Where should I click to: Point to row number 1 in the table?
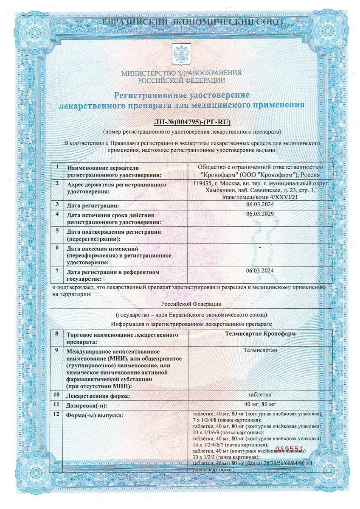pos(57,166)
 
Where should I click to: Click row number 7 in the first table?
pos(57,270)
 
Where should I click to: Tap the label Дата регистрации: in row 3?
pos(93,206)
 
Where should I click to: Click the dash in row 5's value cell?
pos(260,230)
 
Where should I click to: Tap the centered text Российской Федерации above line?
pos(191,304)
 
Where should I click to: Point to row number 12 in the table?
pos(57,414)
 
